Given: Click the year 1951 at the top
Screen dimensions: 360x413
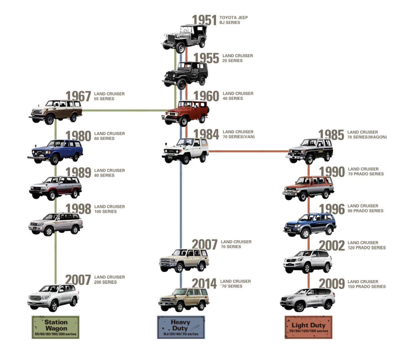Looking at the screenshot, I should pyautogui.click(x=204, y=20).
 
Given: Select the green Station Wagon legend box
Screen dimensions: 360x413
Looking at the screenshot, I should pyautogui.click(x=56, y=327).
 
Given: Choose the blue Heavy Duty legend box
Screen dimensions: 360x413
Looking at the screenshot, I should pyautogui.click(x=181, y=327).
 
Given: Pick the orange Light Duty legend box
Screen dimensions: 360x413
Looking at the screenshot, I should pyautogui.click(x=308, y=327).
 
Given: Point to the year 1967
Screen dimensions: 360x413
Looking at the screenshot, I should pyautogui.click(x=78, y=96).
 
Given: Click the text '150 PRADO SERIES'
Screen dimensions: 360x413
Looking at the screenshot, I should pyautogui.click(x=366, y=287).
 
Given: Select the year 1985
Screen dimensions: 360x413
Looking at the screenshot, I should pyautogui.click(x=331, y=135).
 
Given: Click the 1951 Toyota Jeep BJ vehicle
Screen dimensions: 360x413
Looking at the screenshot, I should pyautogui.click(x=185, y=38).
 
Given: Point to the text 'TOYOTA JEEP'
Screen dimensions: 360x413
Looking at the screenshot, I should pyautogui.click(x=233, y=17).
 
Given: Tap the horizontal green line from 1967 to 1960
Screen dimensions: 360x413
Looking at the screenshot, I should pyautogui.click(x=125, y=110).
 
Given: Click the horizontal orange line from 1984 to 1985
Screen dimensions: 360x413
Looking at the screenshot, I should pyautogui.click(x=248, y=151).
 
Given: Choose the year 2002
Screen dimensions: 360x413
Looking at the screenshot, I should pyautogui.click(x=332, y=246).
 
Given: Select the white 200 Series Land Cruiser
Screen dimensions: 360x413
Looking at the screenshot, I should pyautogui.click(x=53, y=297).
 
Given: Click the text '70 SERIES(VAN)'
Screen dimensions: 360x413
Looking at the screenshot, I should pyautogui.click(x=239, y=137).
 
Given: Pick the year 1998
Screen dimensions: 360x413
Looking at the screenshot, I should pyautogui.click(x=78, y=209).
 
